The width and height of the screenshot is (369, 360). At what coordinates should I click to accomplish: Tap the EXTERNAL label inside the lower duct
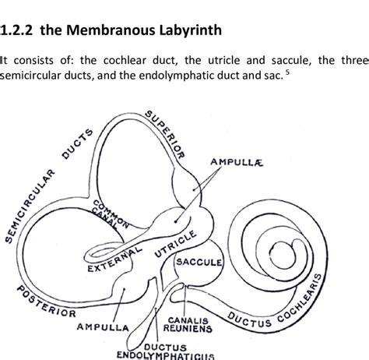click(113, 261)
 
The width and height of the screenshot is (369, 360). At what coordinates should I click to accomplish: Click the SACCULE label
click(199, 262)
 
